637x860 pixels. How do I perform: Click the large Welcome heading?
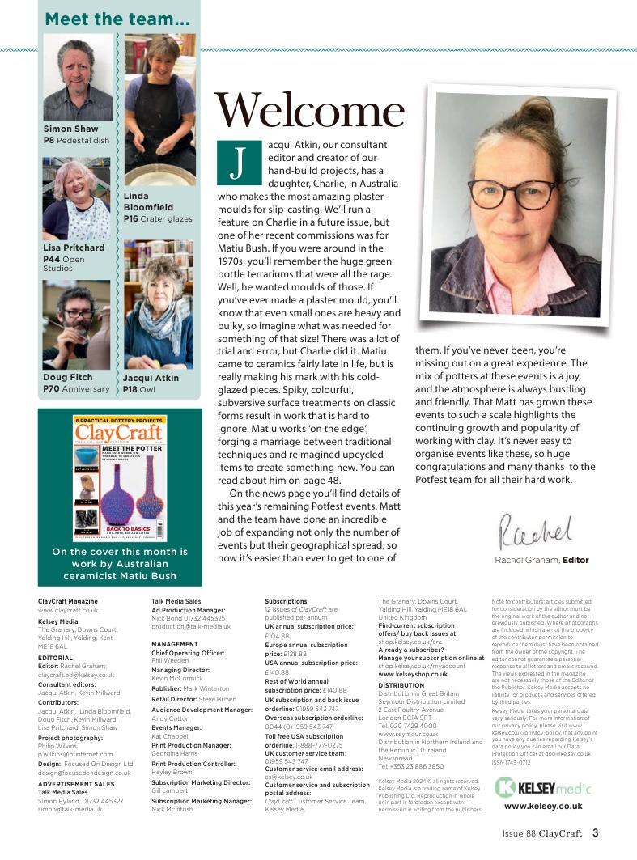point(309,111)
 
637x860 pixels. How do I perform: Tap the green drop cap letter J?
point(237,163)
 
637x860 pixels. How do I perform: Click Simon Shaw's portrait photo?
point(78,78)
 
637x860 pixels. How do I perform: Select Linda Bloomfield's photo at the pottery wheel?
point(159,111)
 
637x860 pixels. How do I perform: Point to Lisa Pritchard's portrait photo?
point(76,198)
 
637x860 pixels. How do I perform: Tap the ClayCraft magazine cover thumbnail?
point(119,477)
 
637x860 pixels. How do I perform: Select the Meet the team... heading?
point(117,19)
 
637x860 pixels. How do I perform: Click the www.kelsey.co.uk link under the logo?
point(542,806)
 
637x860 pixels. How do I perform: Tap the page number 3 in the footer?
point(595,832)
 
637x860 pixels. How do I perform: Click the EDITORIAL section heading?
point(56,659)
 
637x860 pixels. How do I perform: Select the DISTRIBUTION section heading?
point(401,685)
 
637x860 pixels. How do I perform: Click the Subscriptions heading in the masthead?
point(286,601)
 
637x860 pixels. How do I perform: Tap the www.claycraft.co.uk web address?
point(68,611)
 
